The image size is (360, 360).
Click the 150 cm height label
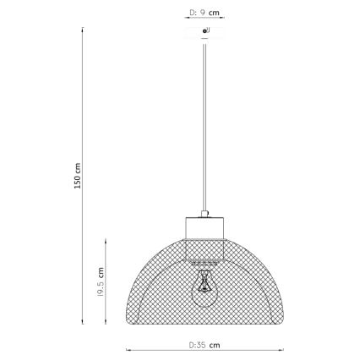(x=77, y=175)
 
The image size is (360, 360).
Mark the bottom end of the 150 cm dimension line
(x=83, y=322)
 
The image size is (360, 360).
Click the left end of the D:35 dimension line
(x=127, y=350)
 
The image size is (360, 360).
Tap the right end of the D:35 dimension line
(x=281, y=350)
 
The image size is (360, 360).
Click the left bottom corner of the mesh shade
(x=128, y=321)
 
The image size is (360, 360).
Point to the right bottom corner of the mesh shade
(x=281, y=321)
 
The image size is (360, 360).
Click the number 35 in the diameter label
(x=201, y=345)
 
